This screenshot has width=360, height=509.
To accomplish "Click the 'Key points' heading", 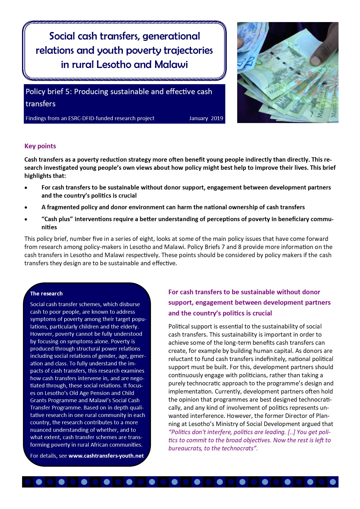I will pyautogui.click(x=40, y=146).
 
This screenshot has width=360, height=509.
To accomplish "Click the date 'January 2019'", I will pyautogui.click(x=206, y=118).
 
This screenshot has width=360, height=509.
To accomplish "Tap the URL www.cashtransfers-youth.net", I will pyautogui.click(x=106, y=456).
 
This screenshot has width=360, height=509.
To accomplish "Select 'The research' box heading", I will pyautogui.click(x=46, y=293).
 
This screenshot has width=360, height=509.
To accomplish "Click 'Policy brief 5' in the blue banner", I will pyautogui.click(x=48, y=91).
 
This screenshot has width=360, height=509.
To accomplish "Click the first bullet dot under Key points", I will pyautogui.click(x=26, y=188).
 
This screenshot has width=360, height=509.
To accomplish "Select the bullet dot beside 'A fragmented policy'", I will pyautogui.click(x=26, y=207).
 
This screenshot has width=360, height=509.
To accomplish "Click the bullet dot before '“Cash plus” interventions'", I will pyautogui.click(x=26, y=219).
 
